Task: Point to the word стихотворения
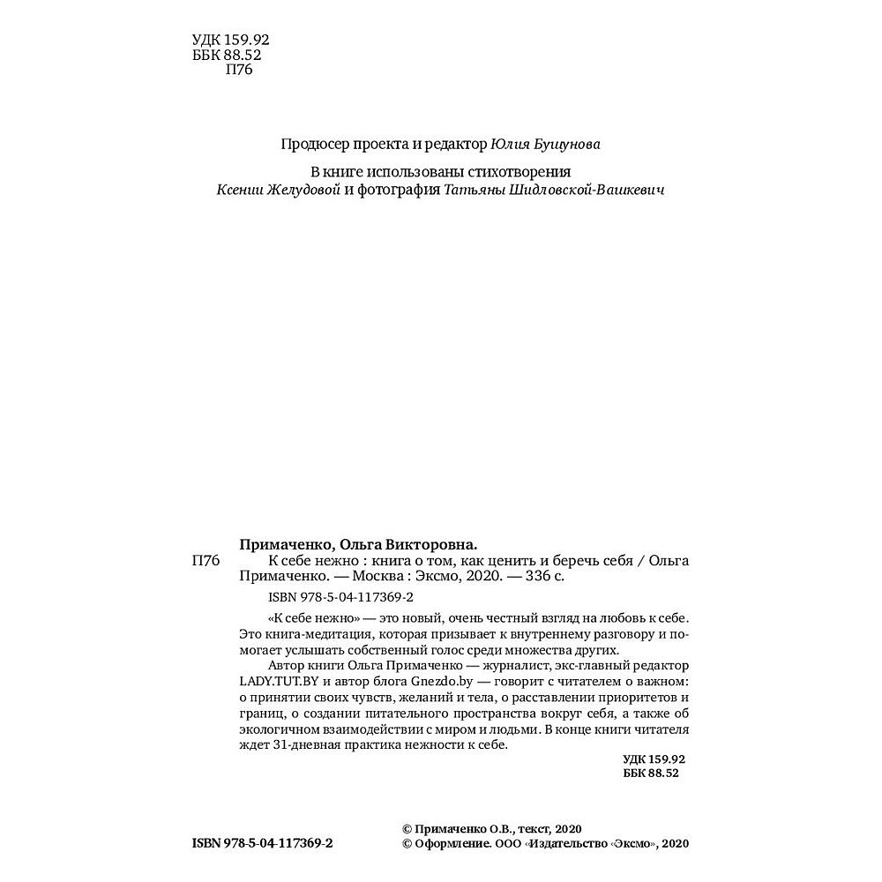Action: click(527, 172)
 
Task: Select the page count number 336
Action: click(528, 579)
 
